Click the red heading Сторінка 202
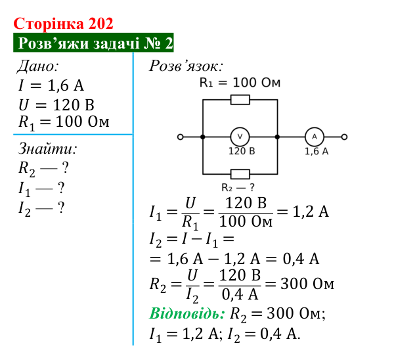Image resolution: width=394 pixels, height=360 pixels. coord(63,24)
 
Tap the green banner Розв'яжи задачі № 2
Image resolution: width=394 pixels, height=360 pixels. coord(93,43)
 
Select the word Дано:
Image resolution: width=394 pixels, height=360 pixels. coord(38,66)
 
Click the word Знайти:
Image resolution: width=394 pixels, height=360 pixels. coord(48,148)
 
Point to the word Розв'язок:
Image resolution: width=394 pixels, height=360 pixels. coord(186,66)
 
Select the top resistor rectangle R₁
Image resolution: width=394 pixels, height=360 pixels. coord(240,100)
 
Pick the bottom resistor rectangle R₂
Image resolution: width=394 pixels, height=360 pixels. coord(240,174)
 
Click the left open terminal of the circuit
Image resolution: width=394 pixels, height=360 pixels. coord(181,137)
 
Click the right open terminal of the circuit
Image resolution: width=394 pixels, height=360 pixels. coord(344,137)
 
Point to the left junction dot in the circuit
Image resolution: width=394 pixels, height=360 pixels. coord(203,137)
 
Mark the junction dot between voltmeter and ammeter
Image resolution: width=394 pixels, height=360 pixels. coord(277,137)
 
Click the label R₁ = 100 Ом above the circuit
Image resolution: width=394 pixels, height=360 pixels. coord(240,83)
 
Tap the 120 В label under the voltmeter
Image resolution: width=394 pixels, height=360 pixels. coord(242,151)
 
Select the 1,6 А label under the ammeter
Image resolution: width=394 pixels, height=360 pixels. coord(317,151)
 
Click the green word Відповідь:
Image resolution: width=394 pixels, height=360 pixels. coord(187,313)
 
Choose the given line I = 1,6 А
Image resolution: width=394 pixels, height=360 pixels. coord(51,85)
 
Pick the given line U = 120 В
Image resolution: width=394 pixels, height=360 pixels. coord(56,104)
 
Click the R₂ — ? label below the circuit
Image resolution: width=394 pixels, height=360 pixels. coord(238,187)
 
